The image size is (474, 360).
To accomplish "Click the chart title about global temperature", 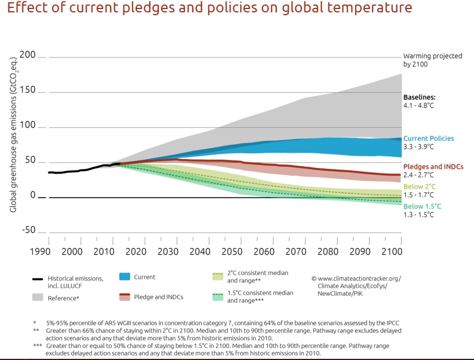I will click(x=210, y=9).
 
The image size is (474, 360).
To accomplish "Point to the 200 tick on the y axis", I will click(x=27, y=55).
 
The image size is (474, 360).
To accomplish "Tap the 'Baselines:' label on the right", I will click(x=419, y=97).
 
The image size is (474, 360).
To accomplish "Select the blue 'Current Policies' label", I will click(x=428, y=139).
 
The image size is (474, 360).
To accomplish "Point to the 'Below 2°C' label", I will click(x=419, y=186).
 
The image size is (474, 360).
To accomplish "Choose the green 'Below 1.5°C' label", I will click(x=422, y=207).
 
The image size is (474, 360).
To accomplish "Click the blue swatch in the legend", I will click(x=125, y=277).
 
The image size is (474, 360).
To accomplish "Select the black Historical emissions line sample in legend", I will click(x=38, y=278).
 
